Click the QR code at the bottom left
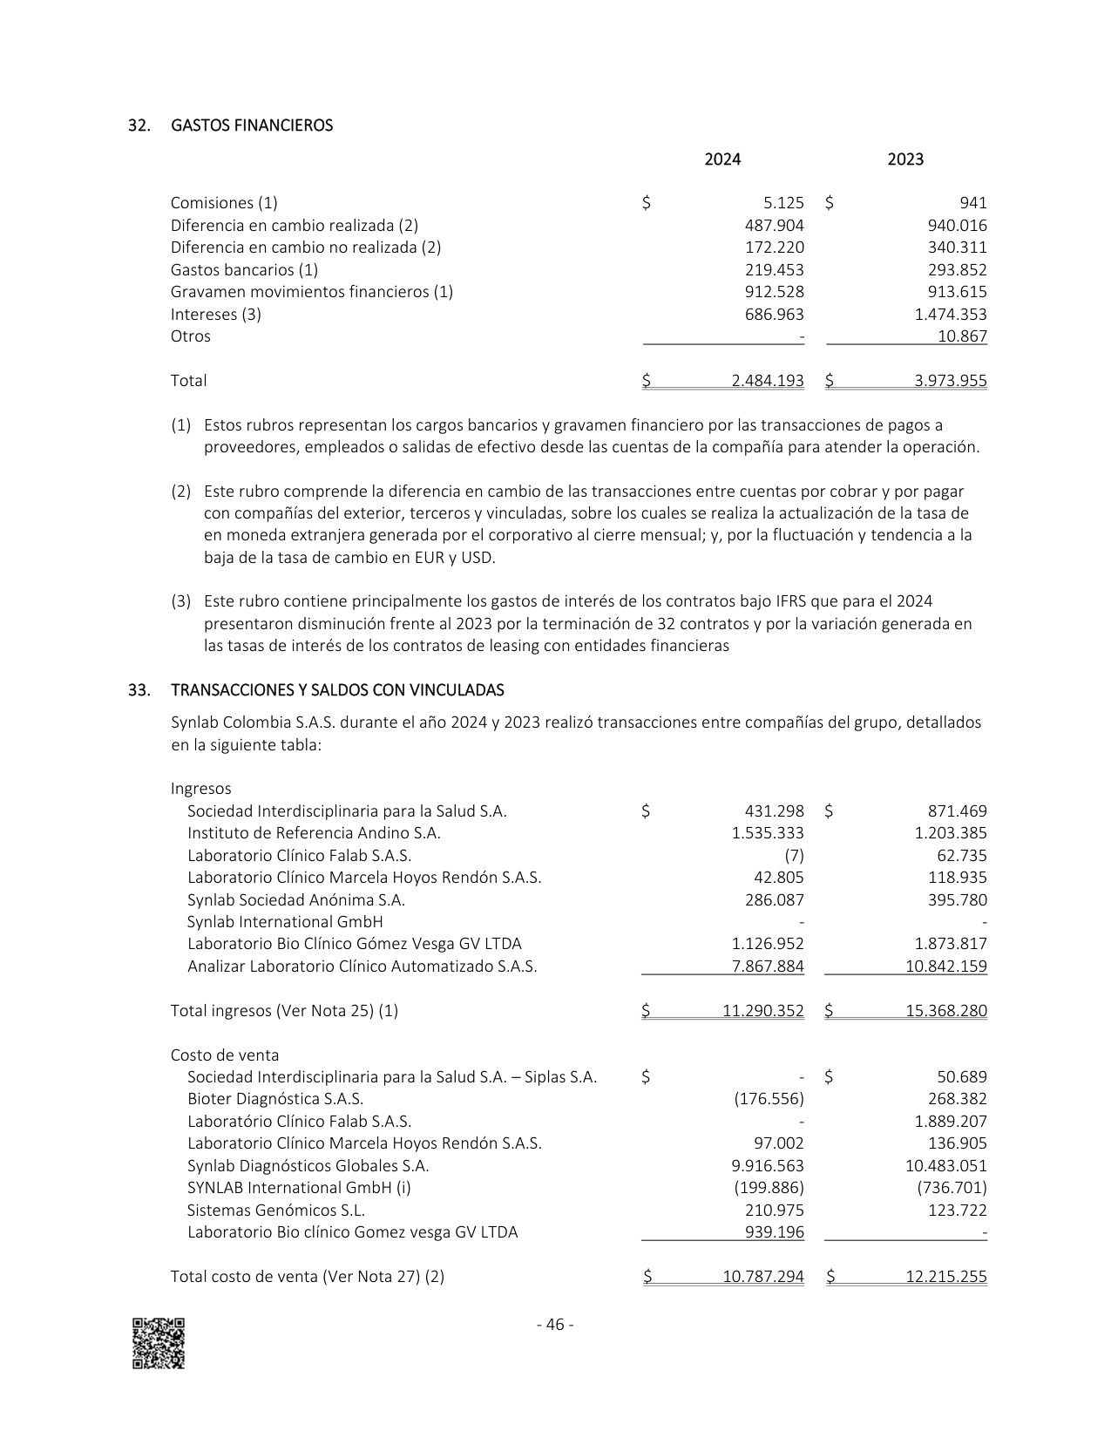[x=159, y=1343]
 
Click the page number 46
[x=555, y=1325]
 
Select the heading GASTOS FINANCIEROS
[x=252, y=125]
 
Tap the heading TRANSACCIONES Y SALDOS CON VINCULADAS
[x=337, y=690]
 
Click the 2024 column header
[x=722, y=159]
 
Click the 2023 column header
[x=905, y=159]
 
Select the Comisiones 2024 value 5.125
[x=783, y=203]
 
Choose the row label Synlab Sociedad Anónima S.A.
[x=296, y=900]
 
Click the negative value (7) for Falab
[x=794, y=856]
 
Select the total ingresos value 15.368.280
[x=946, y=1011]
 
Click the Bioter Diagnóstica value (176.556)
[x=769, y=1100]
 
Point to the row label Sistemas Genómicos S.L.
[x=276, y=1211]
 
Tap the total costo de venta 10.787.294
[x=763, y=1277]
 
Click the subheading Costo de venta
[x=225, y=1055]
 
